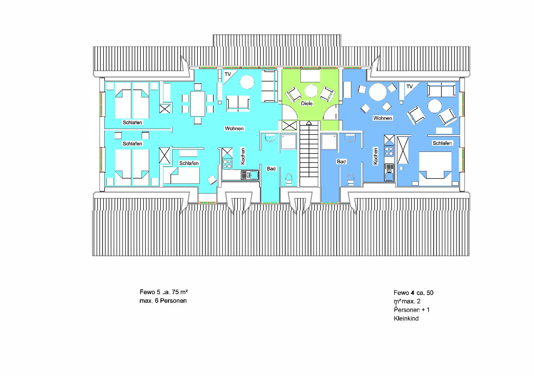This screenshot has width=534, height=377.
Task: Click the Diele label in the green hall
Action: tap(307, 103)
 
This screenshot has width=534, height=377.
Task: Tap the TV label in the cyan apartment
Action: tap(228, 74)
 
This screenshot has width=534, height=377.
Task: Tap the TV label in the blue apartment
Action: tap(409, 86)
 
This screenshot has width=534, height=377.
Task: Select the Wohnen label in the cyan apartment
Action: tap(234, 128)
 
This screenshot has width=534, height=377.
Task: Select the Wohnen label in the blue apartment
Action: tap(383, 118)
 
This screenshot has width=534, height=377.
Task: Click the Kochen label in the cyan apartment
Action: tap(243, 156)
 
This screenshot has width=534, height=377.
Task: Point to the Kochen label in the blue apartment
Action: tap(375, 156)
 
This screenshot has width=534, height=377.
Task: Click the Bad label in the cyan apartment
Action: tap(271, 169)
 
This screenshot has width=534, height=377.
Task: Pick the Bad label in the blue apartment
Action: tap(341, 162)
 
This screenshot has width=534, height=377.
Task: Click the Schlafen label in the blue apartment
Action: tap(442, 143)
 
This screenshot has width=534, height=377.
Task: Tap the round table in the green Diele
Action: tap(311, 91)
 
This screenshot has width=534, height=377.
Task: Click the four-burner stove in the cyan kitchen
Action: tap(227, 164)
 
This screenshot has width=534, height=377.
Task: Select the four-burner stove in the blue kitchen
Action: tap(389, 151)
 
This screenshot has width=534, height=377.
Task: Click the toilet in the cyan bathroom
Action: tap(289, 179)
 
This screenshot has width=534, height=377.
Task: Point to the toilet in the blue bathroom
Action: tap(351, 179)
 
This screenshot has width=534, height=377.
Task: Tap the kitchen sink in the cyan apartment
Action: tap(250, 175)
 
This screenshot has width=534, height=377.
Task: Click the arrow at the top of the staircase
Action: tap(309, 123)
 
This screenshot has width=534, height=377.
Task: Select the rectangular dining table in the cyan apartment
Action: tap(198, 104)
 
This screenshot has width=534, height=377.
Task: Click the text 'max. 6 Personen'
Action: tap(163, 301)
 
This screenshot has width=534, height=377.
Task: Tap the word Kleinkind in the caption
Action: tap(406, 319)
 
